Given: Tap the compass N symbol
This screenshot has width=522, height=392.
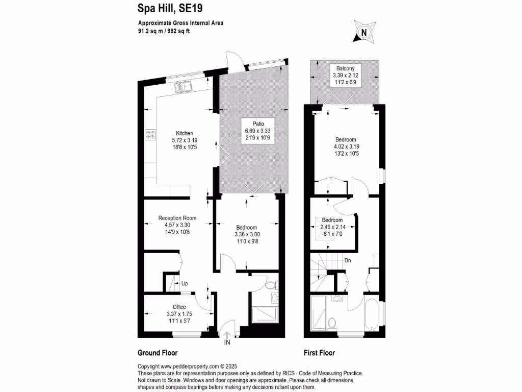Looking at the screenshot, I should [363, 32].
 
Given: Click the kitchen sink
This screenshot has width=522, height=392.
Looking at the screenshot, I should [182, 87].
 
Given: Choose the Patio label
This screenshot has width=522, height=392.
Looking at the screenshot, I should [253, 123].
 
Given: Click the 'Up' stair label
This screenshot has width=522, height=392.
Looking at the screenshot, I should [185, 283].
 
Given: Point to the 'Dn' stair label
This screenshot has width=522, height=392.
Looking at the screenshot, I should [348, 260].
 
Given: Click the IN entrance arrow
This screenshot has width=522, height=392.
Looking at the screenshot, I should [227, 339].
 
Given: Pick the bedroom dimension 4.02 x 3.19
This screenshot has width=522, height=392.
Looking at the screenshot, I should [346, 146].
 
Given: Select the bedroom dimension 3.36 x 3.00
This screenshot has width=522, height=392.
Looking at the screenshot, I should [246, 234].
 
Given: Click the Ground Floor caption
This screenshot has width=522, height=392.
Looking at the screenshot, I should [158, 353].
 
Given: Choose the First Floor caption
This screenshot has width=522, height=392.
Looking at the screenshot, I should [319, 353].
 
